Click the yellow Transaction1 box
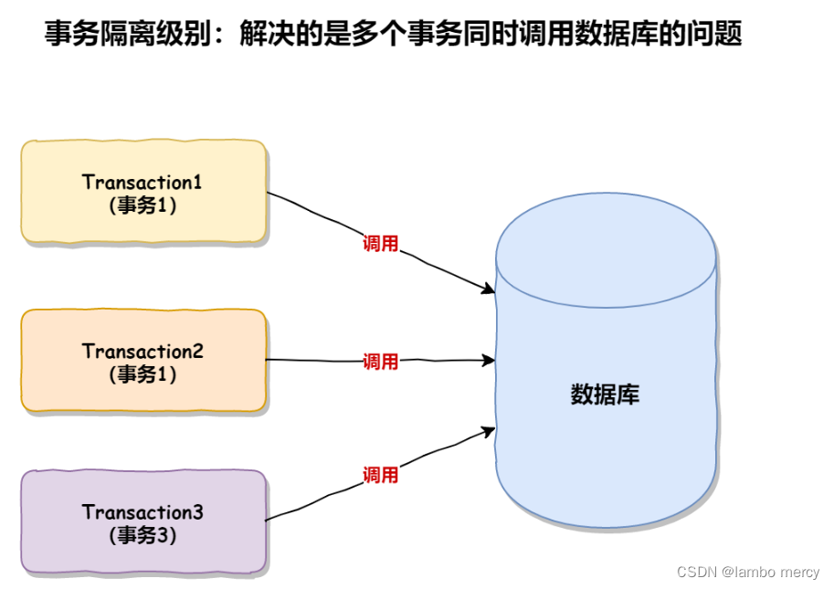tap(143, 192)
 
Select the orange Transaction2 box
tap(143, 362)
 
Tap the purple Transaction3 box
tap(143, 521)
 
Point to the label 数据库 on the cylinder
tap(605, 394)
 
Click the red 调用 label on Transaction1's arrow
tap(380, 244)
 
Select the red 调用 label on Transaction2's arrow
tap(380, 362)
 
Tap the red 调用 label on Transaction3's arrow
tap(380, 475)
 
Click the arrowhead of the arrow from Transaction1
tap(490, 290)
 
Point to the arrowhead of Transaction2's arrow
tap(490, 361)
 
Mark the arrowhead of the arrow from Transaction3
tap(490, 431)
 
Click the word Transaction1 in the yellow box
tap(142, 182)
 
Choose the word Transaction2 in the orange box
tap(143, 352)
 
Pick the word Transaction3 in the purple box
tap(143, 512)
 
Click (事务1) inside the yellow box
tap(143, 205)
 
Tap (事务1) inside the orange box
tap(143, 374)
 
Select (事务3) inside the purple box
tap(143, 535)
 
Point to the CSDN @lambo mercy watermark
tap(748, 572)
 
